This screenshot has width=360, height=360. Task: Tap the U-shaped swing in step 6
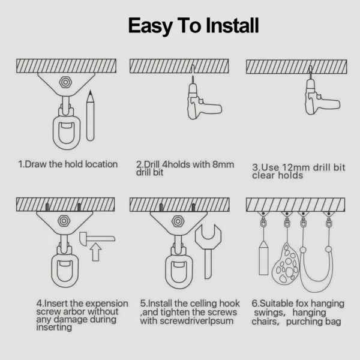click(318, 264)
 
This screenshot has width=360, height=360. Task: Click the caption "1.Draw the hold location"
click(68, 164)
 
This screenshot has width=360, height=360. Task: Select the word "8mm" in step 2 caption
click(225, 164)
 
